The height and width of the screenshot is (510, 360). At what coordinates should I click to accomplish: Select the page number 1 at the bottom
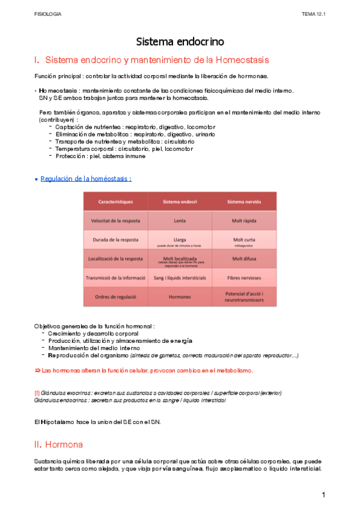tap(323, 494)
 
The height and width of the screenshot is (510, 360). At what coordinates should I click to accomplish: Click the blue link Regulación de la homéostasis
tap(85, 179)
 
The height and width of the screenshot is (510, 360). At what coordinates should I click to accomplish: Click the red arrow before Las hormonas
tap(37, 370)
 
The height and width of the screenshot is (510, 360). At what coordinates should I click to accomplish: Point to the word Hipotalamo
tap(55, 422)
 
